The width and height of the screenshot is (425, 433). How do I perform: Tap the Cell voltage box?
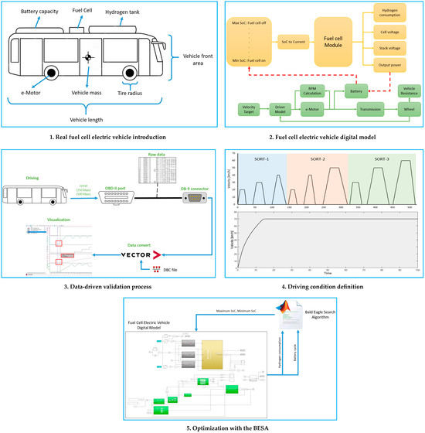pyautogui.click(x=391, y=32)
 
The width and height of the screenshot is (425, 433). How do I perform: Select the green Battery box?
pyautogui.click(x=355, y=91)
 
